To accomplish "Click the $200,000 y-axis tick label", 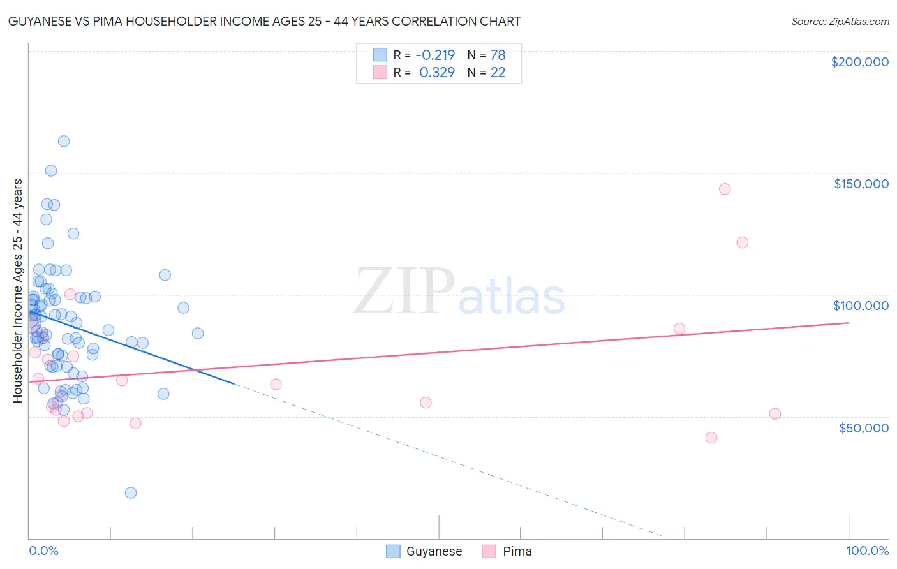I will (x=859, y=62).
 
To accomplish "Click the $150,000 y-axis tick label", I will (x=861, y=184).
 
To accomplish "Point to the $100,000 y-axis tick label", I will (x=861, y=306).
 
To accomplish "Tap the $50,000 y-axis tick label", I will (x=863, y=427).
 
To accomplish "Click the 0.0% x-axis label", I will (x=43, y=551).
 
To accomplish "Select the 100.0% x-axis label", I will (x=867, y=551).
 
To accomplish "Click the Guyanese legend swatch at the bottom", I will (x=393, y=551).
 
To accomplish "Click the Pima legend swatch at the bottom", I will (x=489, y=551).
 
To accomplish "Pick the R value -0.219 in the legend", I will (x=436, y=55).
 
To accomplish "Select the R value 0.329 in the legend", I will (x=437, y=72).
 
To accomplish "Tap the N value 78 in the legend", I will (x=498, y=55).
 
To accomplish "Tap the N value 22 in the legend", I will (x=498, y=72).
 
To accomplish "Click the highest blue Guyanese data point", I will (x=64, y=141).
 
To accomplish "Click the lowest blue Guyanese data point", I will (x=131, y=492).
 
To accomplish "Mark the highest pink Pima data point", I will (x=725, y=189).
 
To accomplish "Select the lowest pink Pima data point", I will (x=711, y=438).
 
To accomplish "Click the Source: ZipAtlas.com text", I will (x=840, y=22).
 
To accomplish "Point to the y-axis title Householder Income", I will (x=17, y=290).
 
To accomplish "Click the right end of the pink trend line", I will (x=849, y=323).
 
